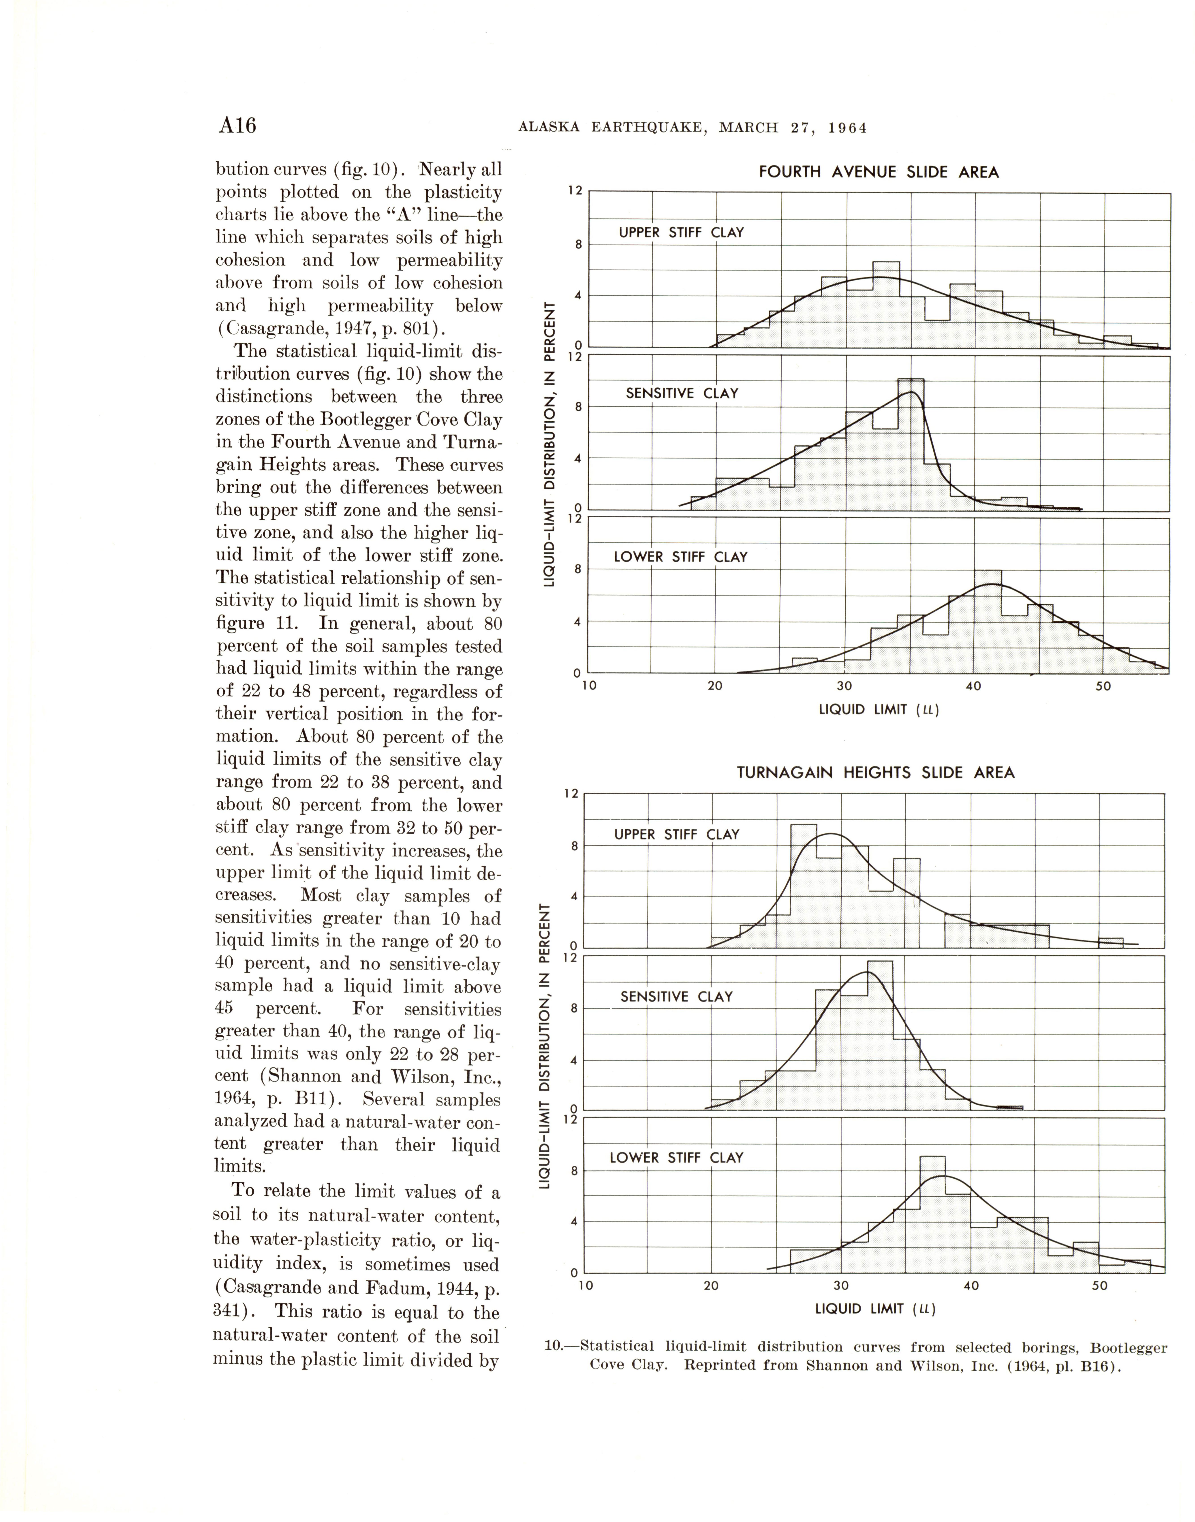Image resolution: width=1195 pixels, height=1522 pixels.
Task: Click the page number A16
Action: tap(237, 126)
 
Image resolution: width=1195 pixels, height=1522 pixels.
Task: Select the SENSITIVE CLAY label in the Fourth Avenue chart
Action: tap(682, 393)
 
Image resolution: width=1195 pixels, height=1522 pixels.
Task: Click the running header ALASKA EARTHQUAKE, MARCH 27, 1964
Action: tap(692, 128)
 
